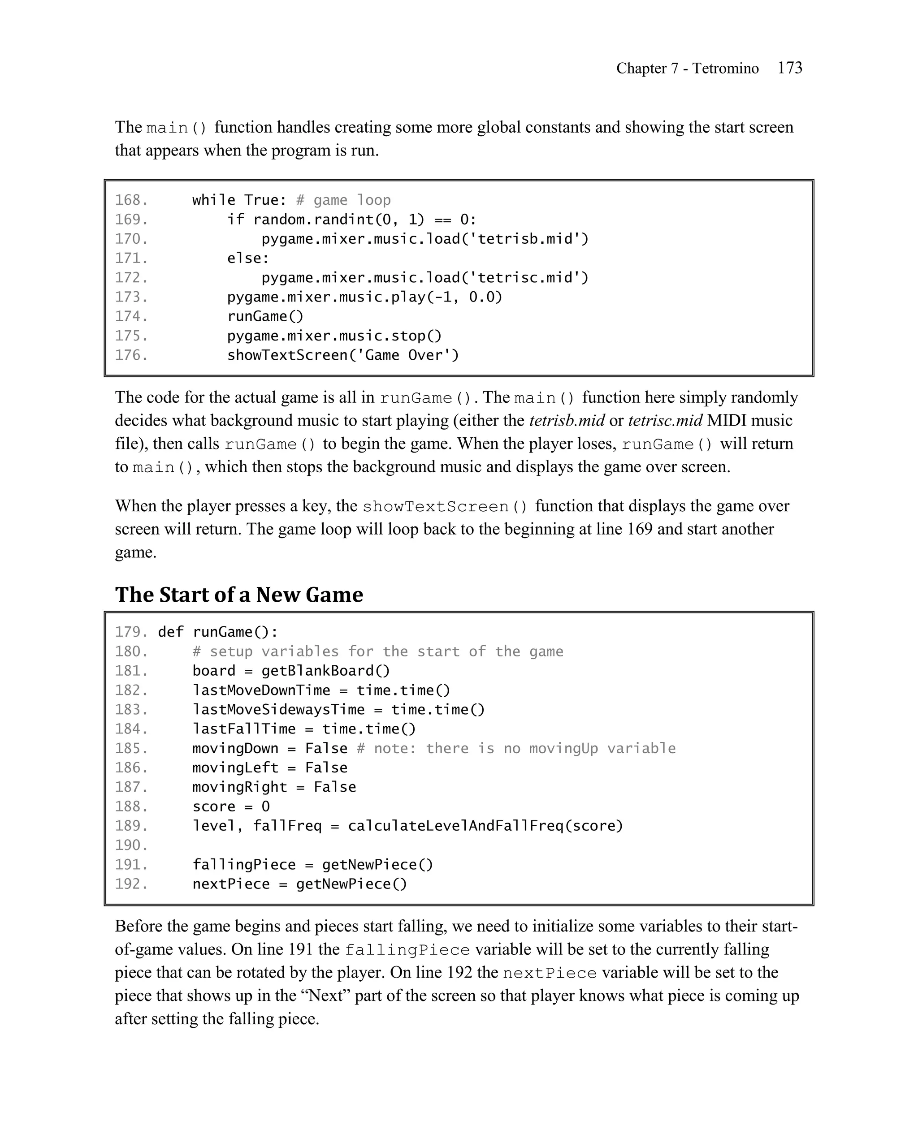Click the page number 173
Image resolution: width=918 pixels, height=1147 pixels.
pyautogui.click(x=789, y=68)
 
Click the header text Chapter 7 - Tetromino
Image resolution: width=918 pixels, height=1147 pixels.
pyautogui.click(x=687, y=69)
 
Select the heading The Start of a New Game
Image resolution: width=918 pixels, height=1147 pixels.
pyautogui.click(x=239, y=595)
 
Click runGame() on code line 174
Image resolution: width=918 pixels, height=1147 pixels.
pyautogui.click(x=265, y=316)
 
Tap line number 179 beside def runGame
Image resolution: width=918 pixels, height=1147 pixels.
pyautogui.click(x=131, y=632)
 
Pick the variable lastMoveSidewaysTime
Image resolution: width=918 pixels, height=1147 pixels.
pyautogui.click(x=278, y=710)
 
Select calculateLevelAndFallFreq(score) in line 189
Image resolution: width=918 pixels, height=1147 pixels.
pyautogui.click(x=485, y=826)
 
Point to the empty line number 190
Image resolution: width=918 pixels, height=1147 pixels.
pyautogui.click(x=131, y=845)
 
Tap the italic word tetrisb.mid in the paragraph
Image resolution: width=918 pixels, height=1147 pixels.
pyautogui.click(x=567, y=421)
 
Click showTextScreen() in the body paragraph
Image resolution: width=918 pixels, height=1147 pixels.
pyautogui.click(x=445, y=506)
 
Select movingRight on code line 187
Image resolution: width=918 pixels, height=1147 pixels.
pyautogui.click(x=239, y=787)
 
